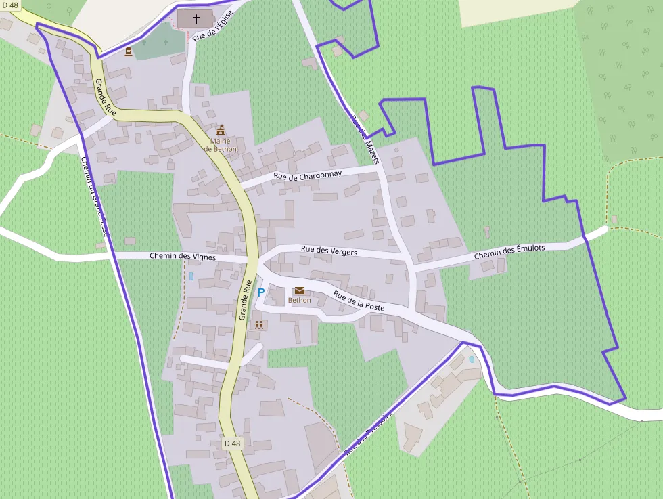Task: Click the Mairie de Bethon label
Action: point(221,145)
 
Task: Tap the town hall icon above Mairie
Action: point(221,129)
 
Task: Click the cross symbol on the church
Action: point(197,18)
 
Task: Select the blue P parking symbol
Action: point(261,292)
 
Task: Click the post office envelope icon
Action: point(300,290)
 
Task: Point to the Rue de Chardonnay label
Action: point(307,175)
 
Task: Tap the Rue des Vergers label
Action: point(329,251)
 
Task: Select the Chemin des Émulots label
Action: point(509,252)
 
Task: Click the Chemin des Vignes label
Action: point(183,257)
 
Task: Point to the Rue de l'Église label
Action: point(212,26)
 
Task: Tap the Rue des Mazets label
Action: point(365,134)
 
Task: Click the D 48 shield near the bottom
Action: point(232,443)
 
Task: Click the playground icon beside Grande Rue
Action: point(259,325)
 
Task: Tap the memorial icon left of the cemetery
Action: point(129,51)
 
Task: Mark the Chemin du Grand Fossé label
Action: point(95,196)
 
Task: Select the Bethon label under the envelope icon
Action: point(300,301)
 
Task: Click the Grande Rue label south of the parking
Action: point(245,299)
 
